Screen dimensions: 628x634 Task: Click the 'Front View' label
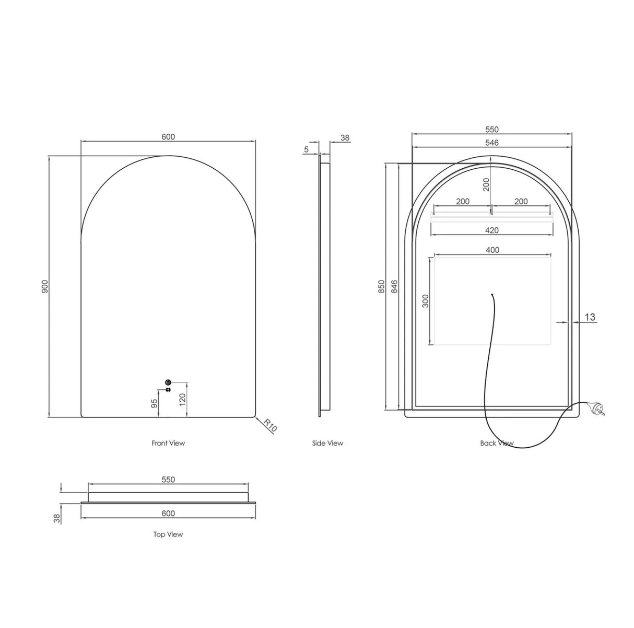coord(168,443)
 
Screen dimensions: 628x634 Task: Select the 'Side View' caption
coord(327,443)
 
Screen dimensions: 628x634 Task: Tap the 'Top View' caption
coord(168,534)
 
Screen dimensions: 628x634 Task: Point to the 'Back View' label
coord(497,443)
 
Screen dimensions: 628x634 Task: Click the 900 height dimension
coord(45,286)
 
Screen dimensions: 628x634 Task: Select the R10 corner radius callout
coord(270,425)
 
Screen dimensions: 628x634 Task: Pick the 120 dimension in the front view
coord(182,400)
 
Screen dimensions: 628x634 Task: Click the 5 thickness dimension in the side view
coord(307,149)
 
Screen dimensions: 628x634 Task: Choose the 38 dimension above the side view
coord(345,138)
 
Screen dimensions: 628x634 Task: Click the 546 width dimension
coord(492,142)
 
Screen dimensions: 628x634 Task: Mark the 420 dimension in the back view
coord(492,230)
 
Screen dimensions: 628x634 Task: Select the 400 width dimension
coord(492,250)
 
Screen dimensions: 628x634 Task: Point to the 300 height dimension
coord(426,300)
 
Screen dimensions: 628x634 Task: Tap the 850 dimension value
coord(382,286)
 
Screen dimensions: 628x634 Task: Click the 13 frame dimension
coord(590,317)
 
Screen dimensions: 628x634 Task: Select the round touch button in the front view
coord(168,382)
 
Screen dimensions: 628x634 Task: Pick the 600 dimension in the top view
coord(168,513)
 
